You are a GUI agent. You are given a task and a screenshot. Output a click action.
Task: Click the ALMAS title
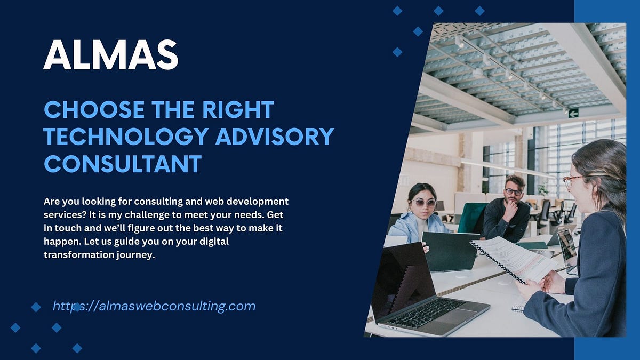tap(110, 55)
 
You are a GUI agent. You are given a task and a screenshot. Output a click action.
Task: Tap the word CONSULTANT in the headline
tap(123, 163)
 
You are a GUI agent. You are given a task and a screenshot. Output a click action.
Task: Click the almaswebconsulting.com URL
tap(154, 306)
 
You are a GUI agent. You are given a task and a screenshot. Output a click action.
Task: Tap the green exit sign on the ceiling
tap(573, 113)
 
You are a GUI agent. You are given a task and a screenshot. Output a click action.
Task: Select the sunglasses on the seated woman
tap(423, 203)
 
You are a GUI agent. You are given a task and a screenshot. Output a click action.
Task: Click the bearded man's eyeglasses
tap(513, 191)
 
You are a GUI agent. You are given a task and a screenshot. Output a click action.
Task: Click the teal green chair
tap(472, 218)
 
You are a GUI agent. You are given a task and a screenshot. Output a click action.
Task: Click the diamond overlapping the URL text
tap(77, 307)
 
